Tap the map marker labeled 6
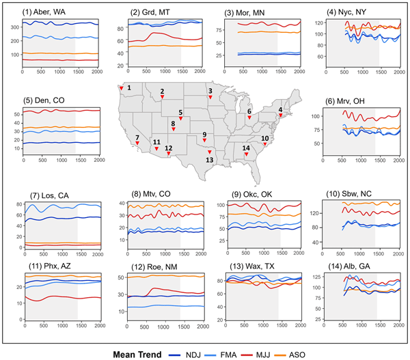[x=249, y=117]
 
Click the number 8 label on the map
[x=173, y=124]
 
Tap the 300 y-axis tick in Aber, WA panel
[x=14, y=28]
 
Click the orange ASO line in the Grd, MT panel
[x=157, y=46]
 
